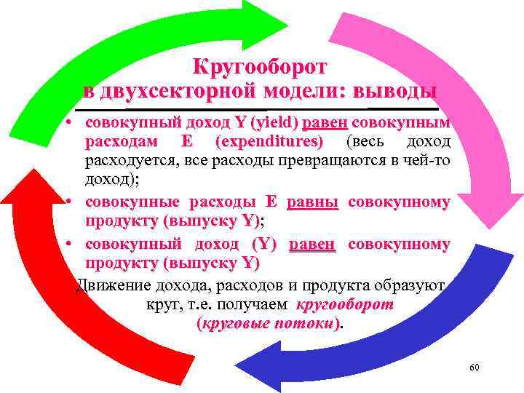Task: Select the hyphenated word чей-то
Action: tap(429, 159)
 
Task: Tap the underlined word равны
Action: tap(313, 202)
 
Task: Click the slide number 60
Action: tap(474, 368)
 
